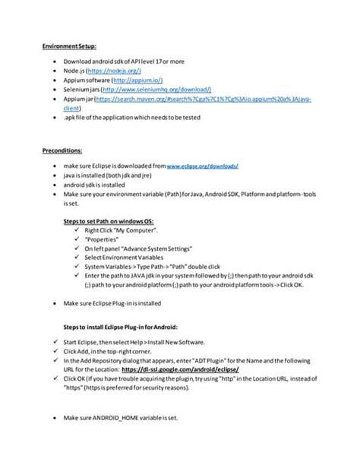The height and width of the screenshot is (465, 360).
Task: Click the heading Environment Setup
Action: (x=69, y=47)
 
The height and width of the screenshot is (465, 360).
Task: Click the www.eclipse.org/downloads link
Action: (x=203, y=165)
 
